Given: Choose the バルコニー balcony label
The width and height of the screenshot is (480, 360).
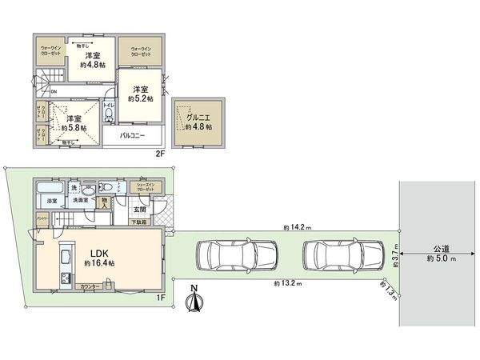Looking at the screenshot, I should point(132,136).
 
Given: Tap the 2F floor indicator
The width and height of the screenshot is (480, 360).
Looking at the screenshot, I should point(159,153).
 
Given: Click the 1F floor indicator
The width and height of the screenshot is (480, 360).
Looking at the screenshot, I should point(160,298).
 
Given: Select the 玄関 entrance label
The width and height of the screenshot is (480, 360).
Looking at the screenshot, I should point(139,210).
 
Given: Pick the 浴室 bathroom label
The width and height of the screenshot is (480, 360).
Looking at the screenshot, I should point(50,201).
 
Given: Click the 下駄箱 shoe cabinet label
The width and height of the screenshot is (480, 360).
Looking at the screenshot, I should point(139,221).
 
